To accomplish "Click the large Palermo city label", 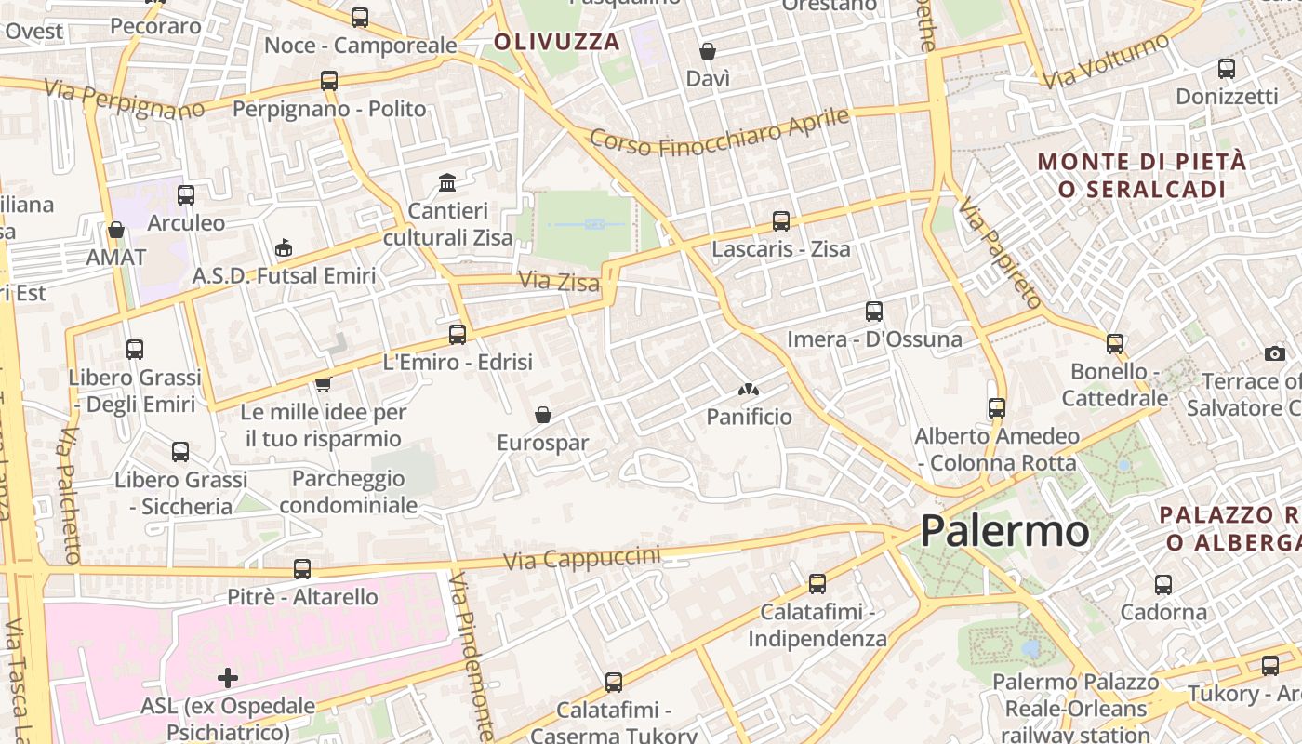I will click(1004, 531).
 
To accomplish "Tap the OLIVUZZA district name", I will click(557, 42).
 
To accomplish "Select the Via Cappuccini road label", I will click(582, 558).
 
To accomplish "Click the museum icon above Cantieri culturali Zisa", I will click(447, 182).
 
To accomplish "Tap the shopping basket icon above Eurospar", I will click(543, 415).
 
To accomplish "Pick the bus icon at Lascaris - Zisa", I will click(781, 221).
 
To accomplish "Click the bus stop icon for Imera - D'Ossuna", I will click(874, 312).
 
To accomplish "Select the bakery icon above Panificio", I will click(748, 390).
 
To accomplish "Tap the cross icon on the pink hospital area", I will click(228, 677).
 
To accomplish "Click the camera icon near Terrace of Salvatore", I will click(1275, 353).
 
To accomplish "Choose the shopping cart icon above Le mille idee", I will click(323, 383).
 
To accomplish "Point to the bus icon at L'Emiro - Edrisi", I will click(458, 335).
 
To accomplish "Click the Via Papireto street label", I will click(1001, 253).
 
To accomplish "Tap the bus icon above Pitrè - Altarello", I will click(302, 569).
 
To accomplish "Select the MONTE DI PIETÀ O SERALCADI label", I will click(1142, 175).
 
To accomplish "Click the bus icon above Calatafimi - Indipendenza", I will click(817, 584).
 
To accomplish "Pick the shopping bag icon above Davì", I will click(708, 51).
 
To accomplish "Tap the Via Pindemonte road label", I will click(472, 656).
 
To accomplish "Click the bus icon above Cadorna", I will click(1163, 585).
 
